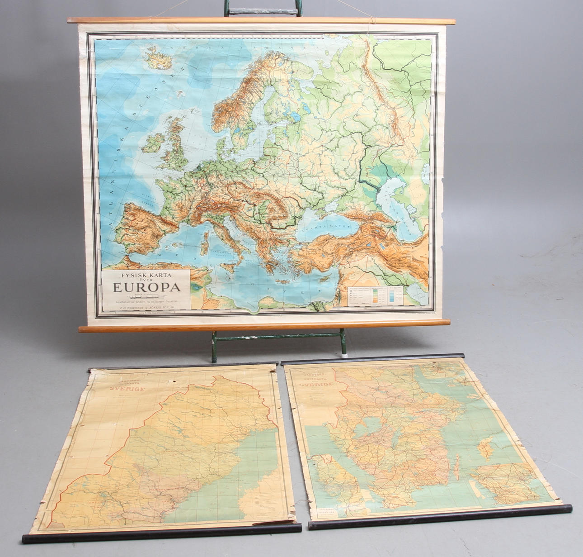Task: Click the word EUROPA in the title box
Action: click(146, 286)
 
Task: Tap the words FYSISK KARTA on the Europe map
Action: click(146, 274)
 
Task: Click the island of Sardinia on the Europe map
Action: click(205, 244)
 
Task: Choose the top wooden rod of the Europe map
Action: click(261, 21)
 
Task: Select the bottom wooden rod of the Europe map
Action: click(264, 325)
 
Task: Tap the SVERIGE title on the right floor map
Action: click(316, 385)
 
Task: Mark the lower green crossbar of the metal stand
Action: click(278, 336)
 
